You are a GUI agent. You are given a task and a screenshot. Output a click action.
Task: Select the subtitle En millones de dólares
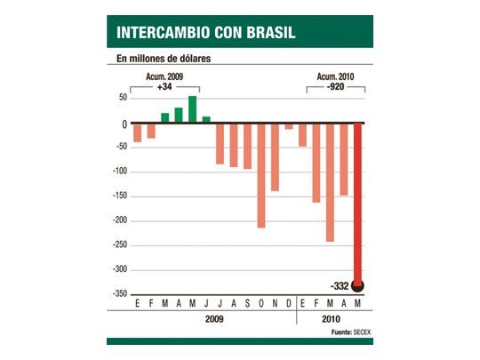click(x=169, y=60)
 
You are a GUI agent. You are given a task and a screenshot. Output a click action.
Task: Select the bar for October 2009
click(x=261, y=175)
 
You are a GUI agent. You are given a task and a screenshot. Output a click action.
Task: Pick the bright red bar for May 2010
click(x=357, y=204)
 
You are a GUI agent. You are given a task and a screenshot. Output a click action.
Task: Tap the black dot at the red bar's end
click(x=357, y=285)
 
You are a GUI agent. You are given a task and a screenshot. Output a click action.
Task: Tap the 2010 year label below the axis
click(x=330, y=319)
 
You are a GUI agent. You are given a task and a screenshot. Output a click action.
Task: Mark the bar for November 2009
click(x=275, y=157)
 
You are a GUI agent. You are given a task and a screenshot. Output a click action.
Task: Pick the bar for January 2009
click(x=137, y=132)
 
